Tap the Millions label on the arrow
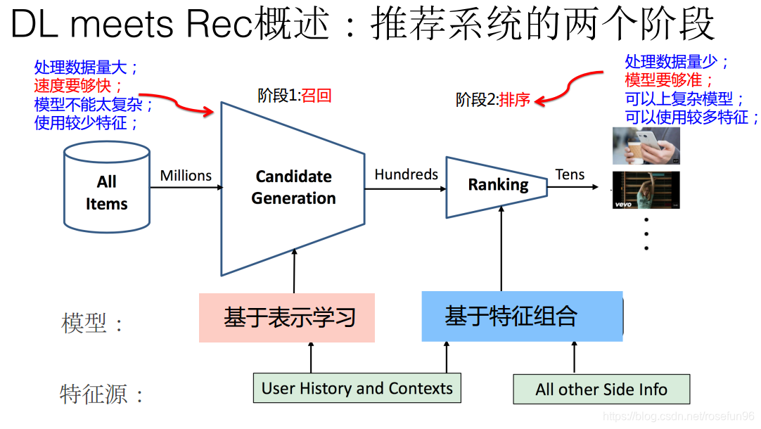coord(186,176)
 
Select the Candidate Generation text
coord(293,187)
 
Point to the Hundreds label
coord(406,174)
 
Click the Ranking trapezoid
coord(498,186)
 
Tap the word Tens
coord(570,175)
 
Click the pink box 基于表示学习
coord(287,318)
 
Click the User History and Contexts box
coord(357,388)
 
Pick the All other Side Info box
coord(601,390)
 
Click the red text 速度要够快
coord(79,87)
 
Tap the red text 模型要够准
coord(669,80)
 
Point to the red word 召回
coord(316,96)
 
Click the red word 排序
coord(515,100)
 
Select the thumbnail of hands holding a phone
coord(646,146)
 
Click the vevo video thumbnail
coord(646,190)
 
